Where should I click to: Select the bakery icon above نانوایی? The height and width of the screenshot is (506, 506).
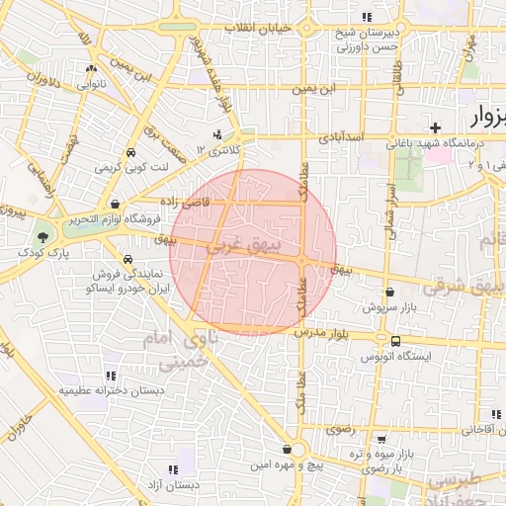91,69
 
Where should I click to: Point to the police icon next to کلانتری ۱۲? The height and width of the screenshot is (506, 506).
218,134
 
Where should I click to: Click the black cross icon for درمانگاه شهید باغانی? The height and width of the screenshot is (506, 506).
435,126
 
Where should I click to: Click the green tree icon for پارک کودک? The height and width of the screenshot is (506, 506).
42,236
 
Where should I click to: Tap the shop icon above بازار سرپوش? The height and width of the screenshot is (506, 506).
391,293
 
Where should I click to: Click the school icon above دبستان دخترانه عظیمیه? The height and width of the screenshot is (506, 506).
110,376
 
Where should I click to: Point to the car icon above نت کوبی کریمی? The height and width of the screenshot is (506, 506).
130,153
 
